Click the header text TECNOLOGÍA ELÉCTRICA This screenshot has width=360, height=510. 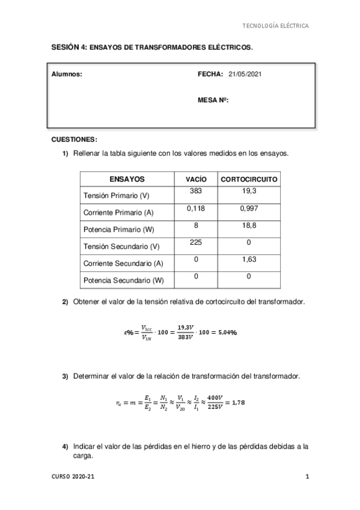(275, 26)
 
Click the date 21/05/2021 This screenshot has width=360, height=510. (245, 74)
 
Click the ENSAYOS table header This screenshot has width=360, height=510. (127, 179)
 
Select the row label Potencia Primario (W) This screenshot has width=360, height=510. (118, 230)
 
